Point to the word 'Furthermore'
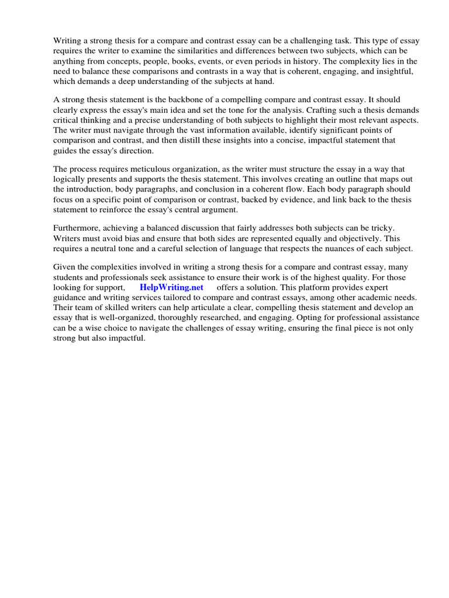point(77,227)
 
